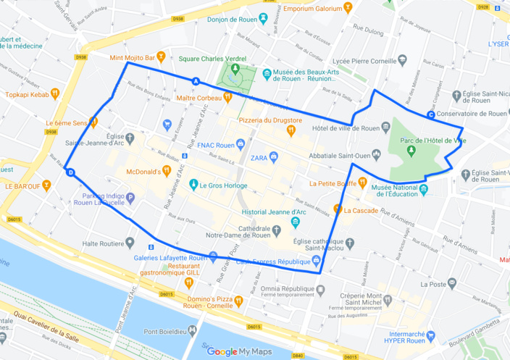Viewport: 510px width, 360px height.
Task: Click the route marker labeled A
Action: [196, 80]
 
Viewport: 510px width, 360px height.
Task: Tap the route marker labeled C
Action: [431, 114]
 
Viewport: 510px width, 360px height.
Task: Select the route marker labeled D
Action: [70, 172]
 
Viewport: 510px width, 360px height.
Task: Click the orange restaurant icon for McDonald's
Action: [167, 171]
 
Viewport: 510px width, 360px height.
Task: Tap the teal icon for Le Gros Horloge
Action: [193, 185]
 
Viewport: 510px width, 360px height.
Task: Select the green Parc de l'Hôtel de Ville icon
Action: [411, 149]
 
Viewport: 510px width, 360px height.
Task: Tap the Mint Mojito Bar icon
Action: [161, 56]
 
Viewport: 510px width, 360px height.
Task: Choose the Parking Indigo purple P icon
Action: [130, 197]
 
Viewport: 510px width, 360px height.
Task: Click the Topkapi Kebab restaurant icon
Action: [54, 94]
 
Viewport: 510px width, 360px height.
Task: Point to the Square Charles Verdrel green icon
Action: [233, 70]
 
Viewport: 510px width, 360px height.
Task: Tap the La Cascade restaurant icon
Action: [338, 210]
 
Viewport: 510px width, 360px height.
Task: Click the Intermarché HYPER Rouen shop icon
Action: [431, 335]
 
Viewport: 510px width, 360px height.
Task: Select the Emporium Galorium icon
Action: [348, 8]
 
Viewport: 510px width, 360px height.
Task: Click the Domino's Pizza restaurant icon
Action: [238, 299]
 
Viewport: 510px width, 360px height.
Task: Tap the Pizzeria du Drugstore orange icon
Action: [290, 130]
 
